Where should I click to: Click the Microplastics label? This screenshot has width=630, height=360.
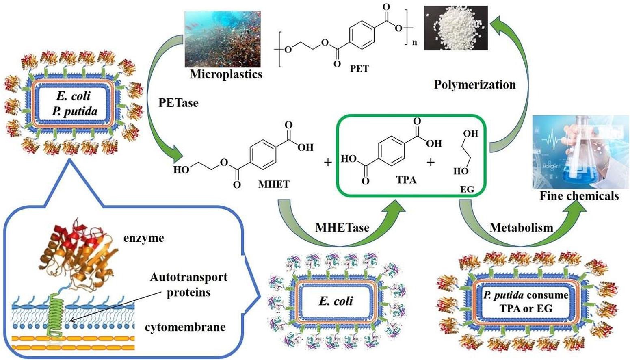226,74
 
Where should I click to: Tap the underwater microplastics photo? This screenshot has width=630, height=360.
224,39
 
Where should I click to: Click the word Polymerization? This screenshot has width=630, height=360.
475,85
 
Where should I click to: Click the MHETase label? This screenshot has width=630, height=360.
342,227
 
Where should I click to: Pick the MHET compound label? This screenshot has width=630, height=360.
274,184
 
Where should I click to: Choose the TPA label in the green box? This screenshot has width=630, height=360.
406,179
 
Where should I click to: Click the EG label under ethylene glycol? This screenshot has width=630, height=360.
467,189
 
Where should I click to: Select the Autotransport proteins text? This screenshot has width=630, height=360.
188,284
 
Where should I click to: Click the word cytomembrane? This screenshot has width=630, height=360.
185,327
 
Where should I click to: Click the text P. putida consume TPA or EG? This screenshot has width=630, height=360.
526,301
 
